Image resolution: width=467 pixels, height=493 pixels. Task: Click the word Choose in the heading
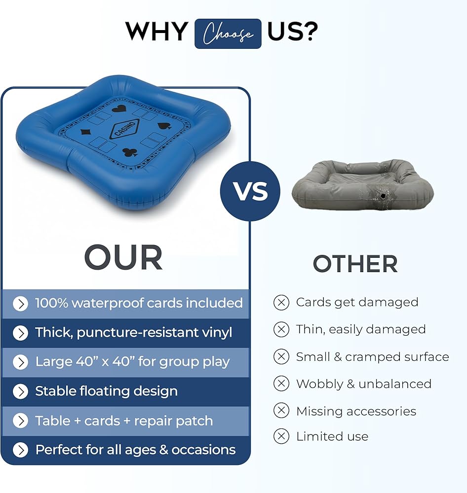tap(228, 34)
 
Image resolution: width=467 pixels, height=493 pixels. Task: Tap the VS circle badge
tap(250, 191)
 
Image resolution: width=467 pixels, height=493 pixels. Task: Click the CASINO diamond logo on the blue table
tap(124, 129)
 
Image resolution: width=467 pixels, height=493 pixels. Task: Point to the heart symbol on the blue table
tap(119, 109)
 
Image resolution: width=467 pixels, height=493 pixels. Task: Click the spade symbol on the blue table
tap(164, 126)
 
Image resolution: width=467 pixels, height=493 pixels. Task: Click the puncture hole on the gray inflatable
tap(383, 196)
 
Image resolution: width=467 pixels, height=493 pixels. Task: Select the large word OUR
tap(123, 257)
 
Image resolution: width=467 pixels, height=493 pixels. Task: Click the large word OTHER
tap(355, 264)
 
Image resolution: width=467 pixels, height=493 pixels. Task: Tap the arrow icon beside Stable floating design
tap(20, 391)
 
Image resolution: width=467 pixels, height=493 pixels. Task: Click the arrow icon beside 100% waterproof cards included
tap(20, 304)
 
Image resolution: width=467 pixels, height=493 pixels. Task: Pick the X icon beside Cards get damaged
tap(281, 303)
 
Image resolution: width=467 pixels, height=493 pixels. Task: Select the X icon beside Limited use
tap(281, 436)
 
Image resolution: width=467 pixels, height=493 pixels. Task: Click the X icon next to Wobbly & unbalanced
tap(281, 384)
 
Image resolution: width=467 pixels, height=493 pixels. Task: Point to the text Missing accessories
tap(356, 411)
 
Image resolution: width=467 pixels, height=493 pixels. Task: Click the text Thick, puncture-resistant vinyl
tap(133, 333)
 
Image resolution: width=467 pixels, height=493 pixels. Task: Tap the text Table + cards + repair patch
tap(124, 421)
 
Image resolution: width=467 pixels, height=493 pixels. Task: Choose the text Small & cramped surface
tap(373, 357)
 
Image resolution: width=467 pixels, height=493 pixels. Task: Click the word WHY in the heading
tap(156, 32)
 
